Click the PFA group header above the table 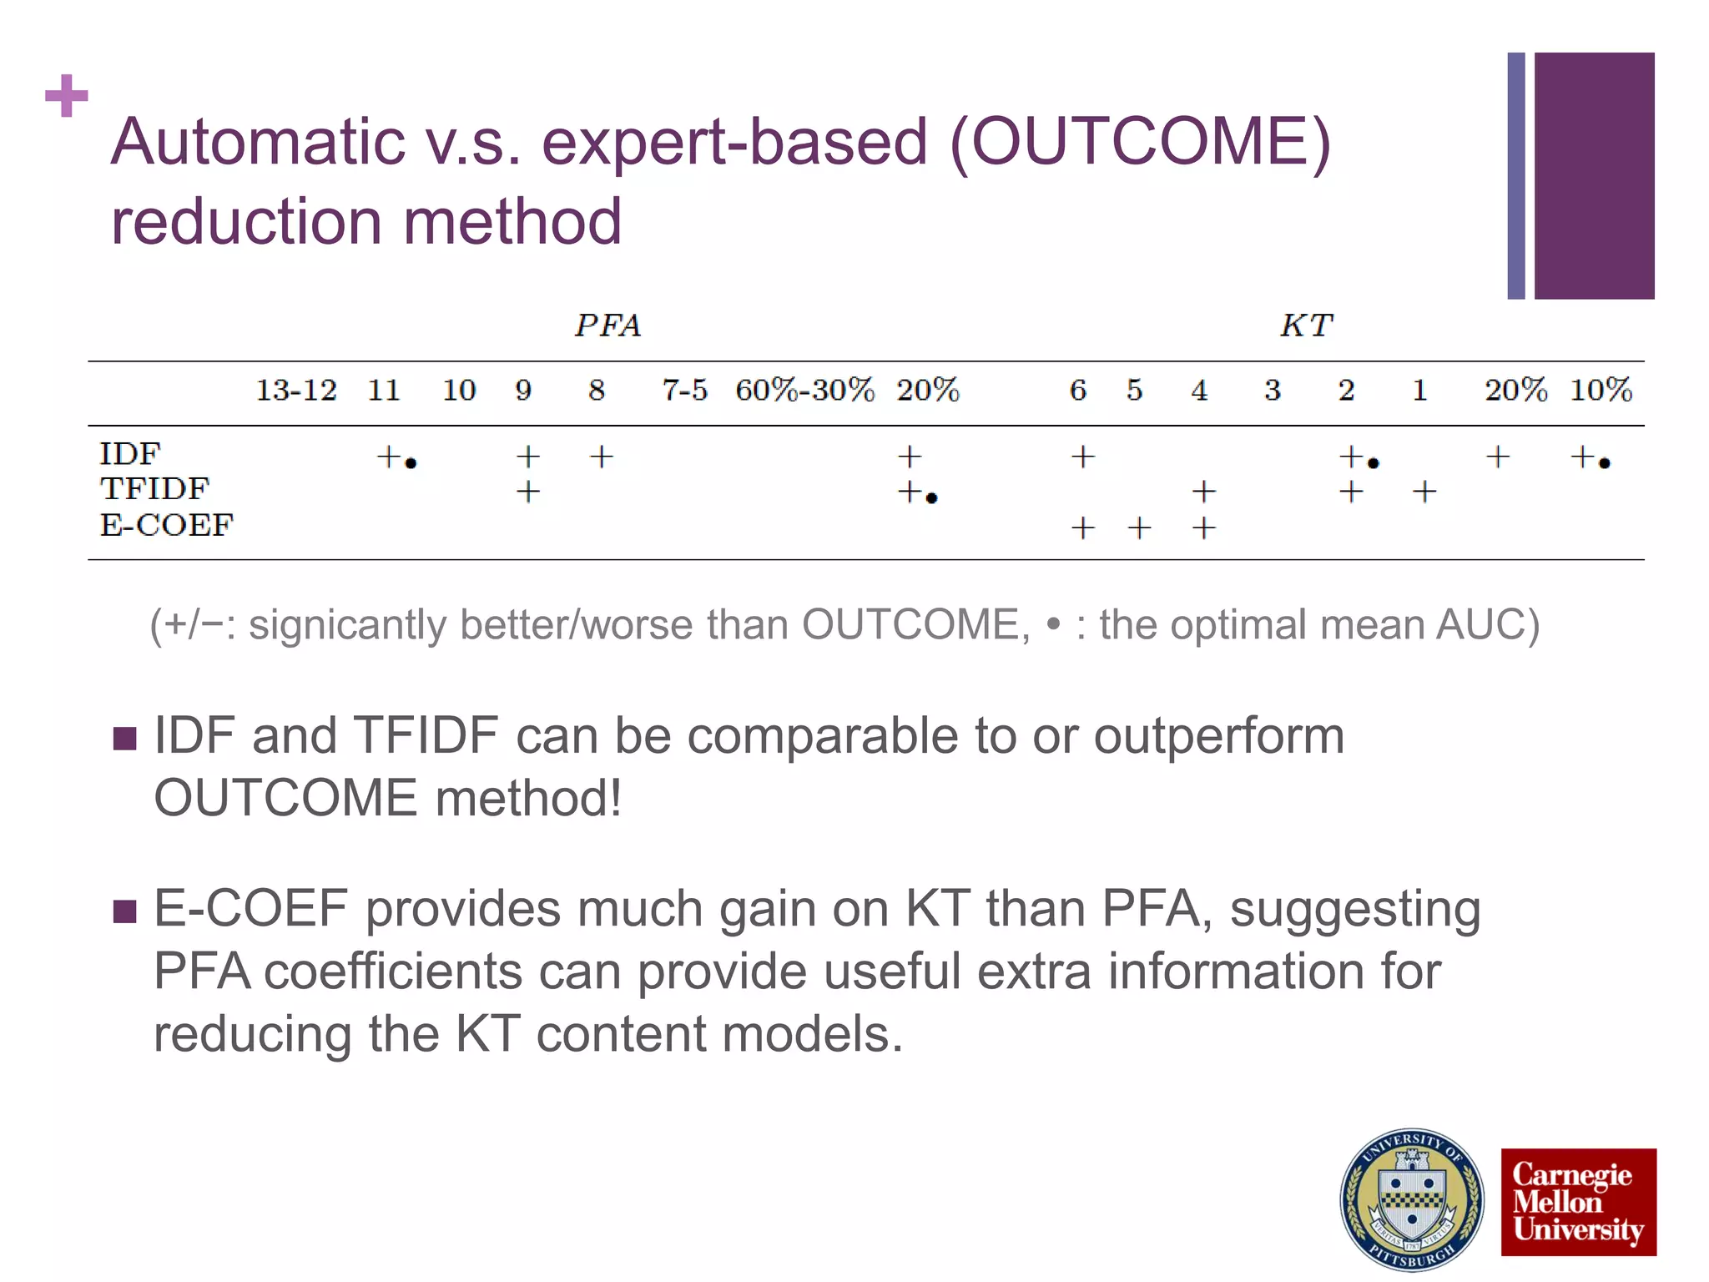[x=607, y=325]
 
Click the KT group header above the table [x=1307, y=325]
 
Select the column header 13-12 [x=295, y=390]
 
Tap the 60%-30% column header [x=804, y=390]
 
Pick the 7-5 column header [x=684, y=390]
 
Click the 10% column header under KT [x=1601, y=390]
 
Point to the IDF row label [x=129, y=454]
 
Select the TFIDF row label [x=154, y=489]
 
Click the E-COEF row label [x=166, y=526]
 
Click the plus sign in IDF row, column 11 [x=388, y=457]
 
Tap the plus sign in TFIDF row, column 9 [x=527, y=492]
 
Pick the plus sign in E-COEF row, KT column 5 [x=1139, y=527]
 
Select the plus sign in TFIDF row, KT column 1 [x=1424, y=492]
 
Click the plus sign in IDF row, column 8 [x=601, y=457]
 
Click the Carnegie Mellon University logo [x=1578, y=1202]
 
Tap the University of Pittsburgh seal [x=1411, y=1200]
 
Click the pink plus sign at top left [x=67, y=96]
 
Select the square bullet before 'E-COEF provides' [x=124, y=911]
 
